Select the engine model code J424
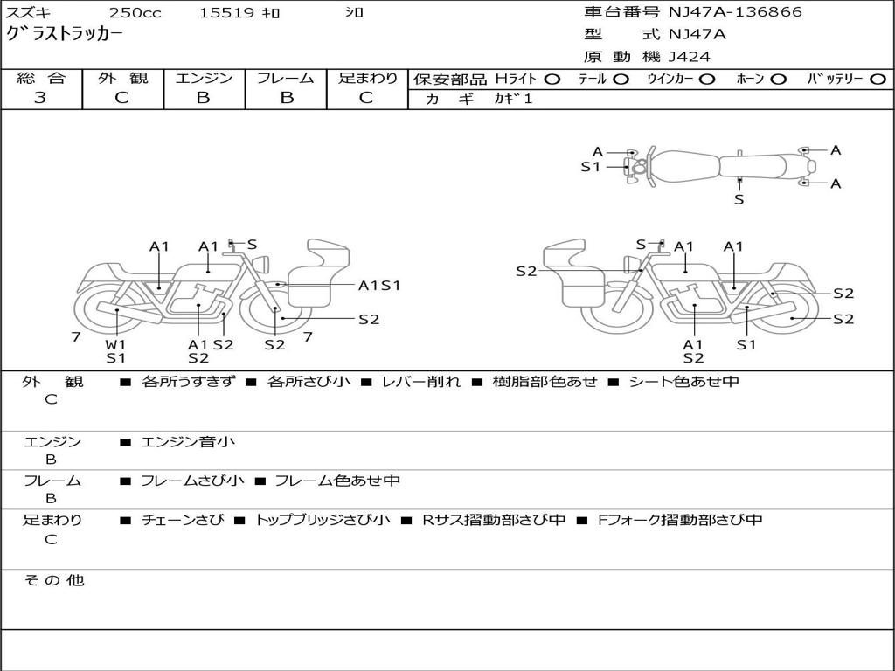690,57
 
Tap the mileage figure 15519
226,12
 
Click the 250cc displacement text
135,12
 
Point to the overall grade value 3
40,98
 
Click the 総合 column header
41,78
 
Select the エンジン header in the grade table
204,78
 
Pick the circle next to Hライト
552,79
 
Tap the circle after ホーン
779,79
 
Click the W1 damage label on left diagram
116,343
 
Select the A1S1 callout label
379,285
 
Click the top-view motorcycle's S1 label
591,166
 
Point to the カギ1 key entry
513,99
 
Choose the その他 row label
53,580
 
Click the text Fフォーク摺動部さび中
679,520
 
